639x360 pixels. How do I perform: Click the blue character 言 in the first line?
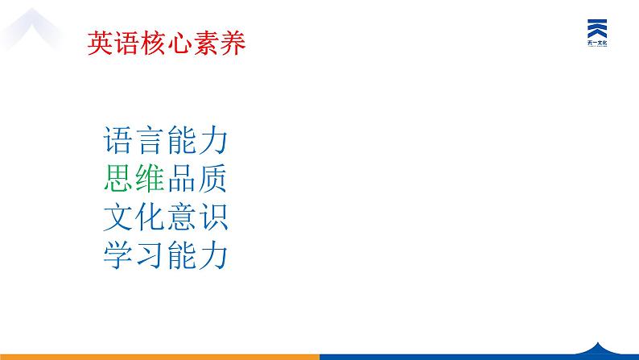pos(150,142)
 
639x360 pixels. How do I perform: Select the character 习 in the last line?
pos(150,255)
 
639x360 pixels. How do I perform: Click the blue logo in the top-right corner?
pos(597,32)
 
